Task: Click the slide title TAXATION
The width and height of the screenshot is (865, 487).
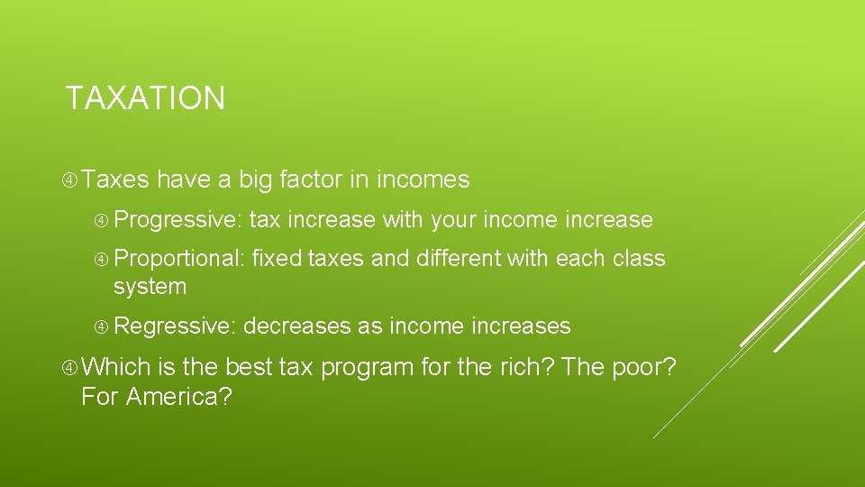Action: [145, 97]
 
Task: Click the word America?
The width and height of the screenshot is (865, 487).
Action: [178, 396]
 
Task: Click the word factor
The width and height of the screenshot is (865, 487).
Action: [312, 180]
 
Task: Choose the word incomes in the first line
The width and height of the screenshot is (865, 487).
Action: [423, 180]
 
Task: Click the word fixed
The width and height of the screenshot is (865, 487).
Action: [277, 259]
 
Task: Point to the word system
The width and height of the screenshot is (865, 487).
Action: [150, 287]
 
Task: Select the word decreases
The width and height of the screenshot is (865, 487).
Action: [297, 326]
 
